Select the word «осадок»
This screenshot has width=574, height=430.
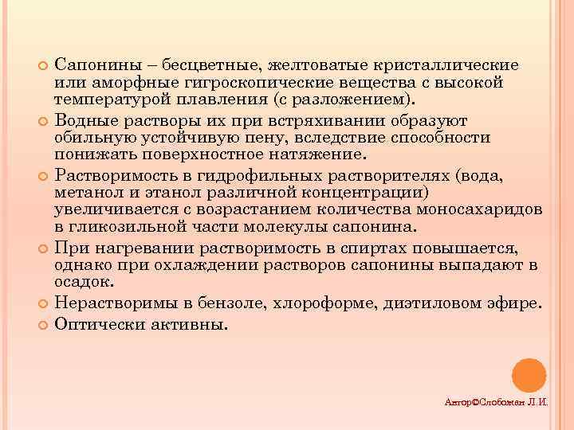84,283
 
